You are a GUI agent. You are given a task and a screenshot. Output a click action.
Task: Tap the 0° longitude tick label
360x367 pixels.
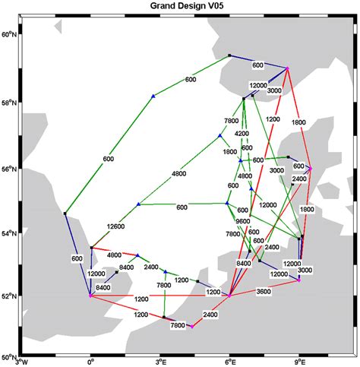pyautogui.click(x=91, y=362)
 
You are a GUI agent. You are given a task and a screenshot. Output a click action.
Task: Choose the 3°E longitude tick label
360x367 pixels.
pyautogui.click(x=160, y=362)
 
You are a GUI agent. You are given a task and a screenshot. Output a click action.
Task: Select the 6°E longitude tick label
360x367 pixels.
pyautogui.click(x=229, y=362)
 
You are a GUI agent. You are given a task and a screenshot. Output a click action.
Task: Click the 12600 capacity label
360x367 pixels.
pyautogui.click(x=117, y=226)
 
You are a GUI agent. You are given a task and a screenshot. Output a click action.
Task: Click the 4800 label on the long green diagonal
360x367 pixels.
pyautogui.click(x=179, y=174)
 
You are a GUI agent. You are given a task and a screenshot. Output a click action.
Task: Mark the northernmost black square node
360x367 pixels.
pyautogui.click(x=229, y=55)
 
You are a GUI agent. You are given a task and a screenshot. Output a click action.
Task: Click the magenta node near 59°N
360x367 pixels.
pyautogui.click(x=288, y=68)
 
